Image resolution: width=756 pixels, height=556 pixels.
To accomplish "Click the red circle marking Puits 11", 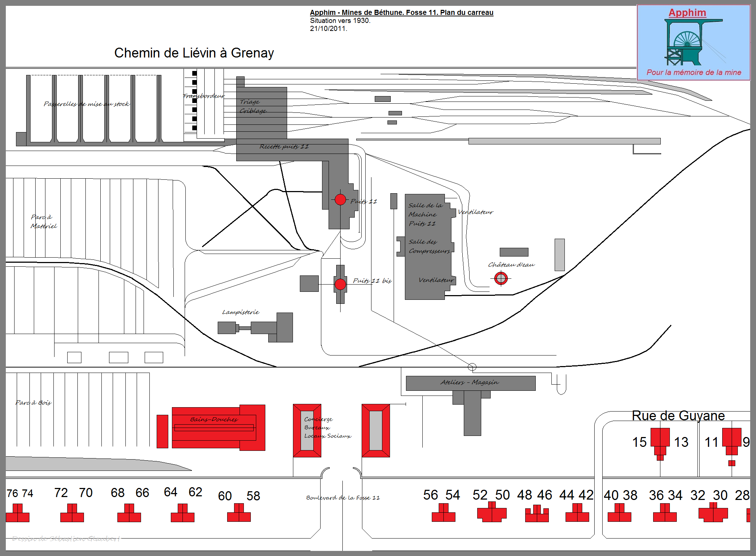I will click(340, 199).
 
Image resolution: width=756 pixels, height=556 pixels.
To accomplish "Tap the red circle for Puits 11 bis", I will click(340, 284).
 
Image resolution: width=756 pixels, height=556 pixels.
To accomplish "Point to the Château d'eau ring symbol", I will click(501, 278).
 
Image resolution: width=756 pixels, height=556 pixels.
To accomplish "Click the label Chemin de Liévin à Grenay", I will click(194, 53).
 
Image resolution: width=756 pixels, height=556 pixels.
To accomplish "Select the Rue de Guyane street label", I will click(678, 416).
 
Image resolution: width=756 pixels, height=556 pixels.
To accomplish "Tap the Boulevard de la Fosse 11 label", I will click(343, 497).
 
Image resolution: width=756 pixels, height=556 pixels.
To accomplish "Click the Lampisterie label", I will click(241, 312).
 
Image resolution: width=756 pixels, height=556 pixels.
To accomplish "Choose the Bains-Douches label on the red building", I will click(214, 420).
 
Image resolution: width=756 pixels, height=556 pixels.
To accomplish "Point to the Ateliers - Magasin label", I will click(470, 382).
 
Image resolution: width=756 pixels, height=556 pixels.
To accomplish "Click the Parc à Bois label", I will click(33, 402).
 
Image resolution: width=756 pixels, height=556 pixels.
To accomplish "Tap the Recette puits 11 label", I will click(284, 147).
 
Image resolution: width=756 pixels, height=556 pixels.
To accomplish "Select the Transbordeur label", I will click(204, 96).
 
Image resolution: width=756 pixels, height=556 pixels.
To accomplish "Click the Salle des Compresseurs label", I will click(429, 246).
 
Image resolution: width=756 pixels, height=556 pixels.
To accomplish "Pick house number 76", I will click(12, 493).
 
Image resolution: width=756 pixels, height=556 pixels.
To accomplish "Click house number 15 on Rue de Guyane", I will click(639, 442).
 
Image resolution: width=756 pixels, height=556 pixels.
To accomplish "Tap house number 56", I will click(430, 495).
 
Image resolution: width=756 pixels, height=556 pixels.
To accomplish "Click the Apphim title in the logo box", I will click(687, 13).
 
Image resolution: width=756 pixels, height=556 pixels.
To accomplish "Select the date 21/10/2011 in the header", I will click(329, 28).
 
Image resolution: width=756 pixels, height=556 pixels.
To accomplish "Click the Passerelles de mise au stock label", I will click(87, 104).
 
